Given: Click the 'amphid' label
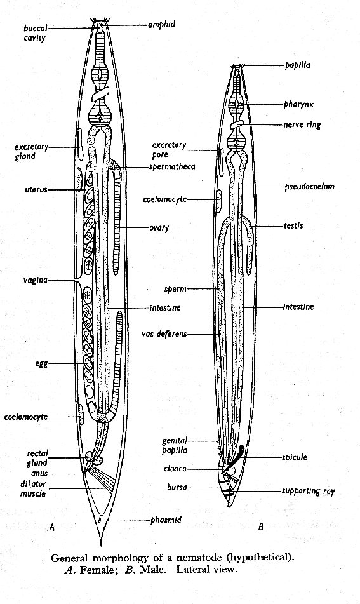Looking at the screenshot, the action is click(162, 25).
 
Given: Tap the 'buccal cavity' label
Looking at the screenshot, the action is click(36, 33).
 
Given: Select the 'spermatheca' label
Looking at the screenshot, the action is click(172, 167).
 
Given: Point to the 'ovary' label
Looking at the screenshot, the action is click(159, 227).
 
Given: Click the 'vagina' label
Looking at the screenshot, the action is click(36, 281).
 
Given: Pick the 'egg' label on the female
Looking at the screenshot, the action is click(42, 364).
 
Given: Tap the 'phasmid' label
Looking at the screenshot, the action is click(166, 520).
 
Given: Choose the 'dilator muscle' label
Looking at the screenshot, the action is click(33, 489).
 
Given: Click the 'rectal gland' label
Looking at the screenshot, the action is click(37, 458).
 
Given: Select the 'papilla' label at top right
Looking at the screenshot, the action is click(297, 65).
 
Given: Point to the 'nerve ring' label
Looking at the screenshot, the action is click(302, 125).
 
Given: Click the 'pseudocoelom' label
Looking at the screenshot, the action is click(310, 187).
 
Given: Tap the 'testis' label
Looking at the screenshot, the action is click(293, 225).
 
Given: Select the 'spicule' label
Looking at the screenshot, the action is click(295, 458).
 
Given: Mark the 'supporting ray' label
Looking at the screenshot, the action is click(309, 491).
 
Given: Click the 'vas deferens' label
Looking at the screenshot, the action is click(164, 334).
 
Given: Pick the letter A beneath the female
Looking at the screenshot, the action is click(52, 527).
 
